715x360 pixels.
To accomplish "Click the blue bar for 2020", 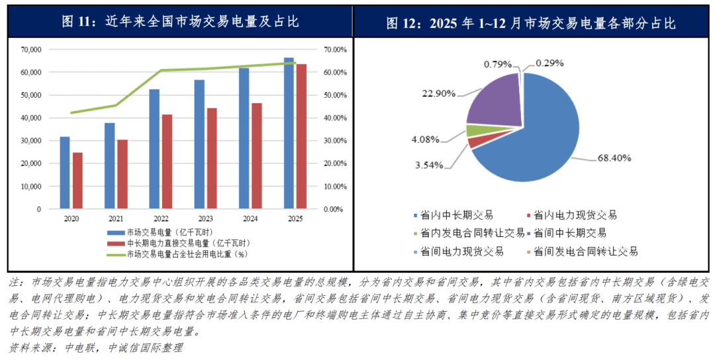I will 65,173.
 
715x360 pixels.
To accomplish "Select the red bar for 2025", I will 301,136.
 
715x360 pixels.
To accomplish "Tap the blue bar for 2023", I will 199,144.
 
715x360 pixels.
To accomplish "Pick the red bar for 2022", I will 167,161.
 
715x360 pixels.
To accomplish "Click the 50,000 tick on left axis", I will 31,95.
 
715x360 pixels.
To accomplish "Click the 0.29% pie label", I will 549,64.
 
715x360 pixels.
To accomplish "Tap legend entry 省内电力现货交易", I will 574,215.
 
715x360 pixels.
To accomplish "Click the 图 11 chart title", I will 180,22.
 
